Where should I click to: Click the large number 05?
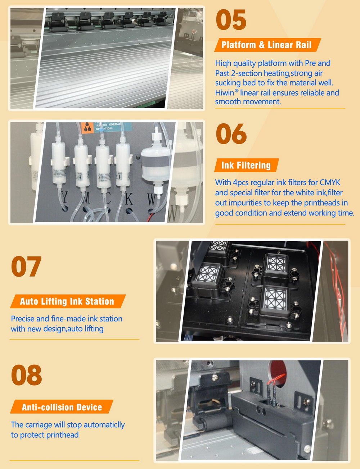[x=231, y=20]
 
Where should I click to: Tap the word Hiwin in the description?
[x=225, y=93]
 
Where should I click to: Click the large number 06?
[x=231, y=133]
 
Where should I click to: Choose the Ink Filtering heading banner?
[x=246, y=165]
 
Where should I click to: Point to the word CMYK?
[x=330, y=183]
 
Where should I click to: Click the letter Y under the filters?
[x=64, y=198]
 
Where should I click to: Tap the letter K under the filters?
[x=129, y=198]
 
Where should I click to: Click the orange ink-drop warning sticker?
[x=88, y=128]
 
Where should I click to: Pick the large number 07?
[x=26, y=267]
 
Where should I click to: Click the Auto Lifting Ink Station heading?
[x=67, y=301]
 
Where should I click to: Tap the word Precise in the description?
[x=23, y=319]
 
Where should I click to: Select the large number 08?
[x=26, y=375]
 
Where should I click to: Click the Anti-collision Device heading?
[x=62, y=407]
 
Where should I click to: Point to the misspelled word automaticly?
[x=104, y=425]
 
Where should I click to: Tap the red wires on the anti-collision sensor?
[x=275, y=382]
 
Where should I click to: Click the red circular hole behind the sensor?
[x=278, y=370]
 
